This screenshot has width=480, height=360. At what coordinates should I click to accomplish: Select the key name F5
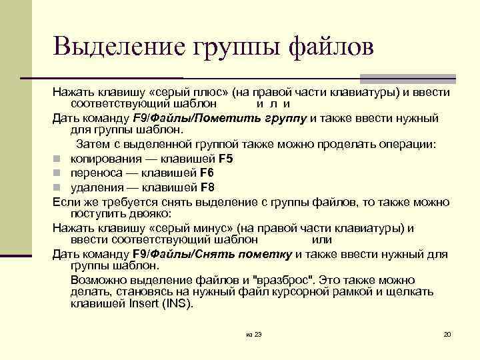click(226, 159)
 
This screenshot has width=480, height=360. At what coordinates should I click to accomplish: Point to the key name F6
click(208, 173)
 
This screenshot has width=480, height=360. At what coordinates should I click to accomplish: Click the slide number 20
click(447, 334)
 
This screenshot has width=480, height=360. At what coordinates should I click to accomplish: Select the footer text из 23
click(253, 334)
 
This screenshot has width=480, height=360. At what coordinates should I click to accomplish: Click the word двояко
click(150, 214)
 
